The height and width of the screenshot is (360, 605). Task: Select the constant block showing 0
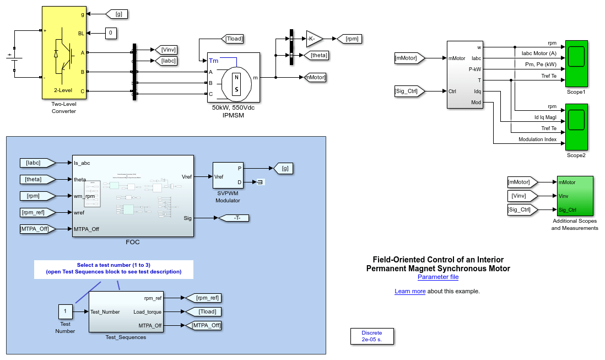111,34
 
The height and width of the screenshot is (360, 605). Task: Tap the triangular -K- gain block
314,39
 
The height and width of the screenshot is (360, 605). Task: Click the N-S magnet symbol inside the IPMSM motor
236,83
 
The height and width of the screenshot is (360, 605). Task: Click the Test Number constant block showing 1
65,311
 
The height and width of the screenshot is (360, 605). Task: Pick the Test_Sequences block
126,311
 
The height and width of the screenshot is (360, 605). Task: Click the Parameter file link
437,277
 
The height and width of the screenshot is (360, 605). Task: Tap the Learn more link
409,291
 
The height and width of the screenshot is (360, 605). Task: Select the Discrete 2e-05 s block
372,336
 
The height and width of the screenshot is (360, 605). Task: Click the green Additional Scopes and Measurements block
574,196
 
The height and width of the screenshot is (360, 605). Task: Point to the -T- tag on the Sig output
234,218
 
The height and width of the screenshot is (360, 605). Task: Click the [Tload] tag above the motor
232,39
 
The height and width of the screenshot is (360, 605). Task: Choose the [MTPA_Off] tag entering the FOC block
37,229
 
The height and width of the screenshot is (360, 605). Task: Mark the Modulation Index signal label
537,139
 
